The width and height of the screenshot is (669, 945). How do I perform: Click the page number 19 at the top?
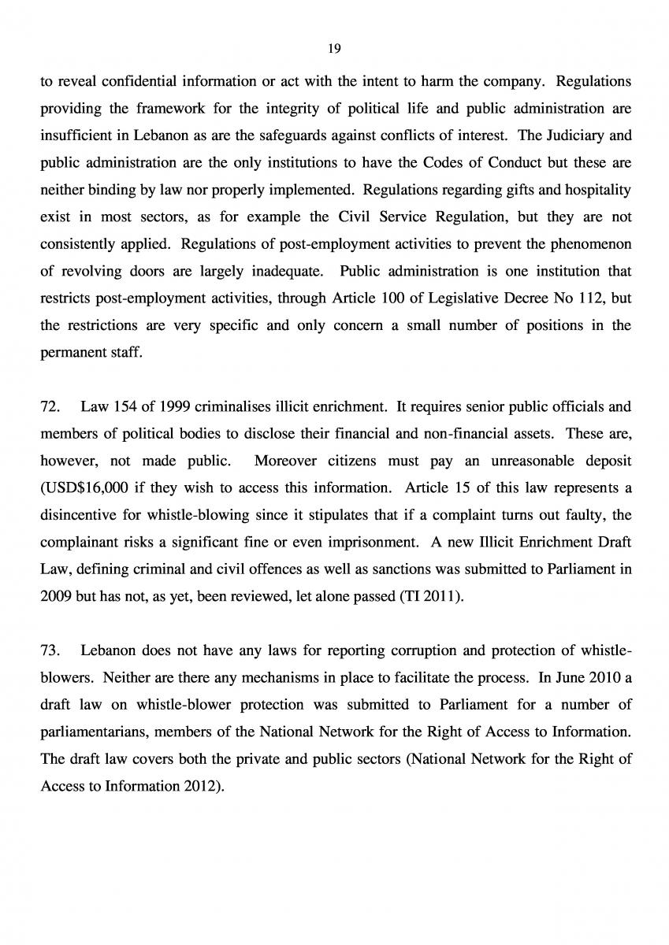[x=334, y=49]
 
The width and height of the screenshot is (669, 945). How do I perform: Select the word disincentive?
[x=81, y=515]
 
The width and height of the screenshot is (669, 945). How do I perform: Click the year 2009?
[x=54, y=596]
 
